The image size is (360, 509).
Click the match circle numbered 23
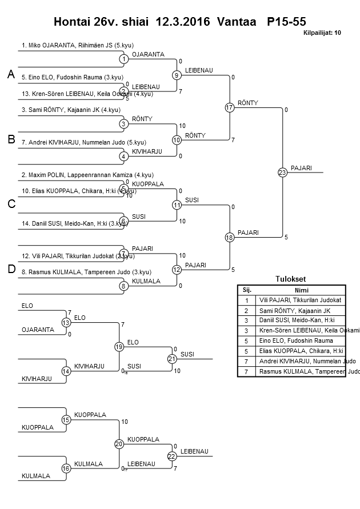pyautogui.click(x=282, y=172)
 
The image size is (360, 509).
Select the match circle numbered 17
pyautogui.click(x=230, y=107)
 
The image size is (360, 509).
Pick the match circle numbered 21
pyautogui.click(x=171, y=359)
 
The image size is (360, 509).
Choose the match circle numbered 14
pyautogui.click(x=66, y=371)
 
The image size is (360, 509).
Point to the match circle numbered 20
pyautogui.click(x=119, y=444)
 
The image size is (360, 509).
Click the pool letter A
pyautogui.click(x=11, y=75)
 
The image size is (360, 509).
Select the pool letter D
pyautogui.click(x=11, y=270)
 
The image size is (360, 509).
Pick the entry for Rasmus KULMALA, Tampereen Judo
pyautogui.click(x=86, y=272)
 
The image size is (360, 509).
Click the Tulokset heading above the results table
pyautogui.click(x=291, y=279)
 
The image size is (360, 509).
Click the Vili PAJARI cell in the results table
pyautogui.click(x=300, y=300)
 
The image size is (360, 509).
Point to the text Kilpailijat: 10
pyautogui.click(x=322, y=33)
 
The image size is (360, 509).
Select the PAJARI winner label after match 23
pyautogui.click(x=301, y=168)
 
